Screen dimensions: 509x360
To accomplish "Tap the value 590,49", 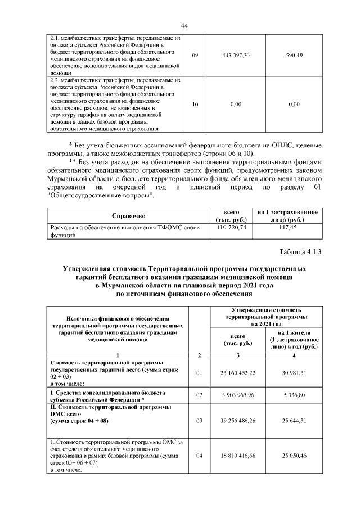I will (294, 55).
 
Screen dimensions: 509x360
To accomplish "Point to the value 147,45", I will (287, 228).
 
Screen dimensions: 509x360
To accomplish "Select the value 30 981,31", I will (294, 372).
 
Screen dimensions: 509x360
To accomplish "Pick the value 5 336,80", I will (294, 395).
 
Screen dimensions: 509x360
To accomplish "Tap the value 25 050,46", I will (294, 456).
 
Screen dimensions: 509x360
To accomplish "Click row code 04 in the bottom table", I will (199, 456).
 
